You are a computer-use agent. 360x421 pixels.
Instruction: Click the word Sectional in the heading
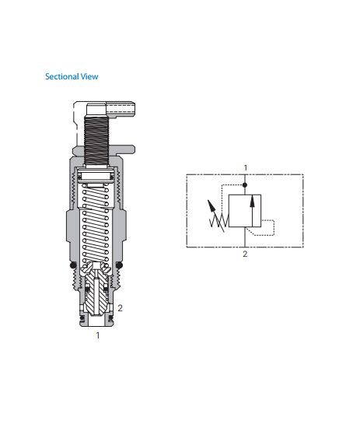coord(62,76)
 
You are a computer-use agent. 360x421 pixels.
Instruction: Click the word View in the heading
coord(89,76)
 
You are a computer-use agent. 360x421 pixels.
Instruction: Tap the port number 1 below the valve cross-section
coord(98,335)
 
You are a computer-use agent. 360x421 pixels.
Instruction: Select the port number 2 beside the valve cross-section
coord(121,308)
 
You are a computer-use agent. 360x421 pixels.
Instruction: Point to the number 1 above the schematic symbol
coord(245,168)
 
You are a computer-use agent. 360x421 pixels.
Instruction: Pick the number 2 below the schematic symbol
coord(245,254)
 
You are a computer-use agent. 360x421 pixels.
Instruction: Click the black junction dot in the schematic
coord(245,184)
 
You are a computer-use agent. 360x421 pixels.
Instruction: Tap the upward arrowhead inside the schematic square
coord(252,202)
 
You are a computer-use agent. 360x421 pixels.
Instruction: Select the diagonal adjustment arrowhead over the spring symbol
coord(211,205)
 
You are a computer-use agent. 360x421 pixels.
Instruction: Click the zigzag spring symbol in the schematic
coord(219,221)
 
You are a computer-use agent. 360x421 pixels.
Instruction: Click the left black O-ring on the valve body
coord(73,265)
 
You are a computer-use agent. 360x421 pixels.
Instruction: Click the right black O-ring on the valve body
coord(119,265)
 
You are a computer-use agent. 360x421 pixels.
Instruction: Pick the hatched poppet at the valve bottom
coord(96,290)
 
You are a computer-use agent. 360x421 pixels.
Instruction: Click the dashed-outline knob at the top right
coord(121,109)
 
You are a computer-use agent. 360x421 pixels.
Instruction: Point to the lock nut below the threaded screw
coord(103,150)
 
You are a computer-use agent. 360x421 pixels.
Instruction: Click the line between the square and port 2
coord(245,237)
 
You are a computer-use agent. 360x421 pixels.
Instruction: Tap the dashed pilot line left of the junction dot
coord(222,198)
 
